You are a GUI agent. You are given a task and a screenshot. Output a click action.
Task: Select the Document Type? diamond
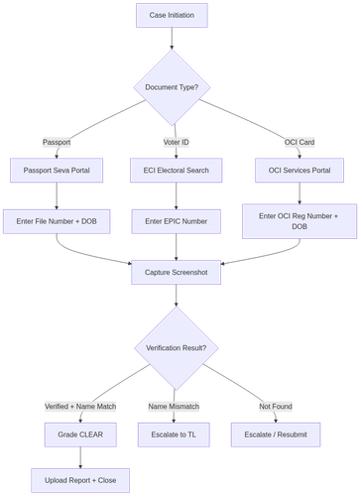point(172,86)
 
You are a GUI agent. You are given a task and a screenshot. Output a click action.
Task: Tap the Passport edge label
point(57,143)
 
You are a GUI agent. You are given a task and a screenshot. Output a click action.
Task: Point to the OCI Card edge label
point(298,143)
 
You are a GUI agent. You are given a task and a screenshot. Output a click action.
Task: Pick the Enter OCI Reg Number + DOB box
point(298,221)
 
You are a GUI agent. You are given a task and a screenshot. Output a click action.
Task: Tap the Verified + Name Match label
point(79,407)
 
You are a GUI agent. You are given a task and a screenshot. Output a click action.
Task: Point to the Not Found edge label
point(275,407)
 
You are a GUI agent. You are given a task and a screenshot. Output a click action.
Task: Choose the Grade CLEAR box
point(79,434)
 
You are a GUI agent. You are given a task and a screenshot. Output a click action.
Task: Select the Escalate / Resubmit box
point(275,434)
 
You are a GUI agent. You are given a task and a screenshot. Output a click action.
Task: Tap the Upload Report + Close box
point(79,481)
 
